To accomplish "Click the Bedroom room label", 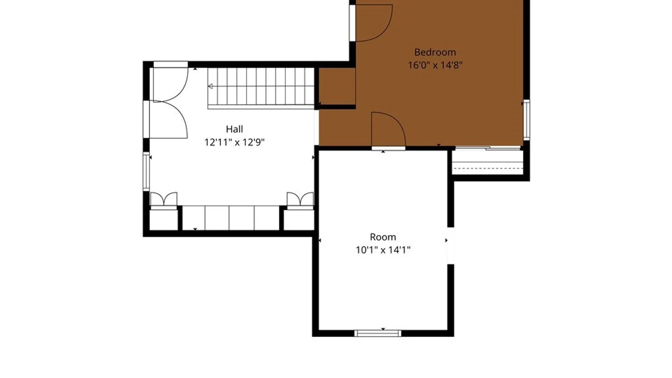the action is (x=435, y=52).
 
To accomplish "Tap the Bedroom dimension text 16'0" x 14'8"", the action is (x=435, y=65).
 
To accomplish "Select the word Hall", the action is (x=234, y=129).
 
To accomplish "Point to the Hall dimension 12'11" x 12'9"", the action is (x=234, y=142).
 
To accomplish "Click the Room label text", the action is (x=383, y=237).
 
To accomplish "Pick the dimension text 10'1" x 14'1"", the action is (x=383, y=250).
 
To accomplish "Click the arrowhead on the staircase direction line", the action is (x=210, y=86).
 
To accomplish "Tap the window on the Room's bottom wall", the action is (x=378, y=333).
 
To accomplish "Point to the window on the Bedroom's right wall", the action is (x=526, y=120).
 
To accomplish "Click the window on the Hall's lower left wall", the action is (x=146, y=171).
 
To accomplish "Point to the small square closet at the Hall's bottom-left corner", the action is (x=163, y=220).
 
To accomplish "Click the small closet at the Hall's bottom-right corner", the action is (x=299, y=220).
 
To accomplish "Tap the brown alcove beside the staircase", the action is (x=337, y=86).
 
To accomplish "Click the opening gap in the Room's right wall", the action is (x=451, y=246).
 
